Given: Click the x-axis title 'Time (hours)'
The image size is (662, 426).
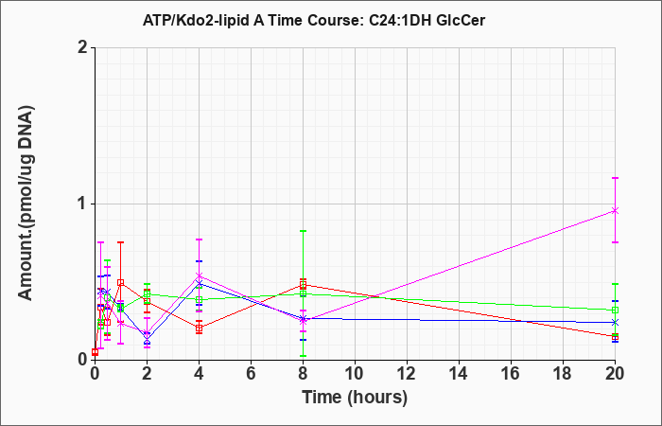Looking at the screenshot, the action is point(355,398).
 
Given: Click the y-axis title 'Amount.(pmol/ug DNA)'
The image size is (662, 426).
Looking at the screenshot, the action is point(26,203).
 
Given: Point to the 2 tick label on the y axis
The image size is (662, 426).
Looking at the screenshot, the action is point(83,47).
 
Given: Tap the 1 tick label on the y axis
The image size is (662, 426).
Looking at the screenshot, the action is point(83,204).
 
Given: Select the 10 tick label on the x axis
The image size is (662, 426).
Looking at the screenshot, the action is point(355,374).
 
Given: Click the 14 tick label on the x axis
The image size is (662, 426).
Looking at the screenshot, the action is point(459,374).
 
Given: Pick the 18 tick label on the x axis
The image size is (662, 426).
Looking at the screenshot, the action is point(564,374).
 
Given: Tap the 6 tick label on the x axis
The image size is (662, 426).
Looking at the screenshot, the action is point(251,374).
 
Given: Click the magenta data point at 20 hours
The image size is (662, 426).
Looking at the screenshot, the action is point(615,210).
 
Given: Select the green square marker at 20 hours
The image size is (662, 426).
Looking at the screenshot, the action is point(615,311).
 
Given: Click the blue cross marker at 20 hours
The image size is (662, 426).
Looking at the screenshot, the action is point(615,323).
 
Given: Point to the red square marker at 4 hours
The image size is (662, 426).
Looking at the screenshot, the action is point(199,328).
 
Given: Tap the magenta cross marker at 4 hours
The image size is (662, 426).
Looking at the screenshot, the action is point(199,276).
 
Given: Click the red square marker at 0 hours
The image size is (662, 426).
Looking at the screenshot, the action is point(95,352).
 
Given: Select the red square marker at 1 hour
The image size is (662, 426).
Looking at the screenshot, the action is point(121,283).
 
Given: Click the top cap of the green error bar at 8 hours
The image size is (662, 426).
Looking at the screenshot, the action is point(303,231).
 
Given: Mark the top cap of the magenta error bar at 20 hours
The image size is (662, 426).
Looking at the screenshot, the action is point(615,178).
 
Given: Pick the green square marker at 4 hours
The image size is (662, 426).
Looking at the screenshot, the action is point(199,300).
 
